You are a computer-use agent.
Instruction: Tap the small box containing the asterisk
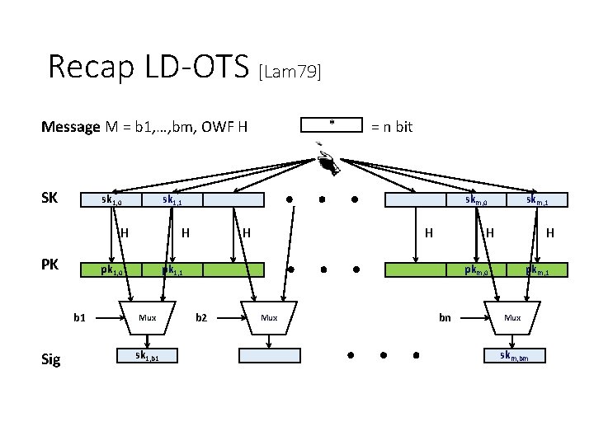point(332,124)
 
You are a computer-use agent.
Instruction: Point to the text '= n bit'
point(392,126)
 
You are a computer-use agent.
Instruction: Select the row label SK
point(52,199)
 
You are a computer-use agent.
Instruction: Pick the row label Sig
point(51,359)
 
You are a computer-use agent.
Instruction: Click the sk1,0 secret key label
point(112,200)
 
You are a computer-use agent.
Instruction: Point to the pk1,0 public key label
point(112,270)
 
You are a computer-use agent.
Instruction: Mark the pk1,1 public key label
point(173,270)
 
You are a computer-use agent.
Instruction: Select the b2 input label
point(201,316)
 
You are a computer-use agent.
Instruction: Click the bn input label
point(445,317)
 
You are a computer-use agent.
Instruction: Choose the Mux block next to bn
point(512,317)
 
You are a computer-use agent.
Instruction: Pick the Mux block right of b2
point(269,317)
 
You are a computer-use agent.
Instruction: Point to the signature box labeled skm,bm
point(512,356)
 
